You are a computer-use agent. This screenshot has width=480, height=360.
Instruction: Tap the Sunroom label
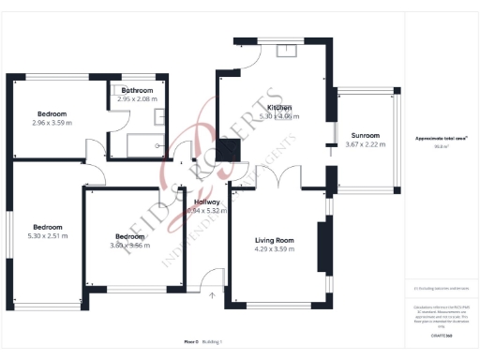tap(365, 135)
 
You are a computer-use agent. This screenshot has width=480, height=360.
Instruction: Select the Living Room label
tap(274, 241)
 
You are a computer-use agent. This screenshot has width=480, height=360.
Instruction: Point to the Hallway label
tap(206, 202)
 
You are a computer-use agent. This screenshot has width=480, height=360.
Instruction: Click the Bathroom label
tap(137, 90)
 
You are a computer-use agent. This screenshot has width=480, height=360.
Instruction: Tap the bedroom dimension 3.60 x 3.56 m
tap(130, 245)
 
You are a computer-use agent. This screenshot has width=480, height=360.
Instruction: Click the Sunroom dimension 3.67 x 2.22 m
tap(365, 144)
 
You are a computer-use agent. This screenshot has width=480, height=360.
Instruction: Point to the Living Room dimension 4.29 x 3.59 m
tap(274, 250)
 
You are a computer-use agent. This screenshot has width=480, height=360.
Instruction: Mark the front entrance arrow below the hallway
tap(212, 295)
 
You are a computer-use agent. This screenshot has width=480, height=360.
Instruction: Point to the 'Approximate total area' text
tap(442, 139)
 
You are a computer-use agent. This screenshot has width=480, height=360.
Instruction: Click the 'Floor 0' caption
tap(191, 343)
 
